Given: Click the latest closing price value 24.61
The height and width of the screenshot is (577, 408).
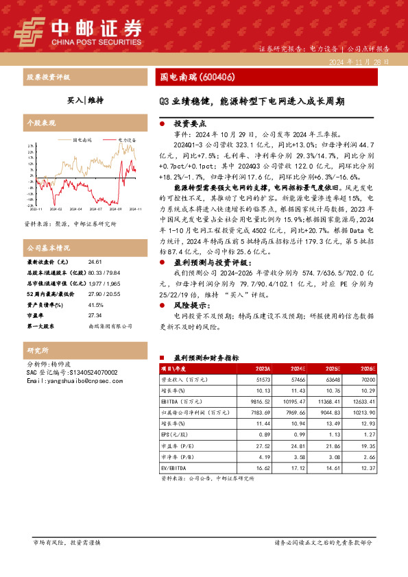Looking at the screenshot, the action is click(95, 262).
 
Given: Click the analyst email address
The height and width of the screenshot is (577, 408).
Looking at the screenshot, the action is click(71, 380).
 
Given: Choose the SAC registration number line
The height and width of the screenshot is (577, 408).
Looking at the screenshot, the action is click(72, 372).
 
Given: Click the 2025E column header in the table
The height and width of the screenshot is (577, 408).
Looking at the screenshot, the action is click(328, 369).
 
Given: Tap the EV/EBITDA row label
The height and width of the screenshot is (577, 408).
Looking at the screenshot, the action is click(175, 467).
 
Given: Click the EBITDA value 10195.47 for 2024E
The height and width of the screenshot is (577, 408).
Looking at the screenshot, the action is click(293, 402).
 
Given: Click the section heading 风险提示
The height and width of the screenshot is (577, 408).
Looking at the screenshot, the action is click(190, 306).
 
